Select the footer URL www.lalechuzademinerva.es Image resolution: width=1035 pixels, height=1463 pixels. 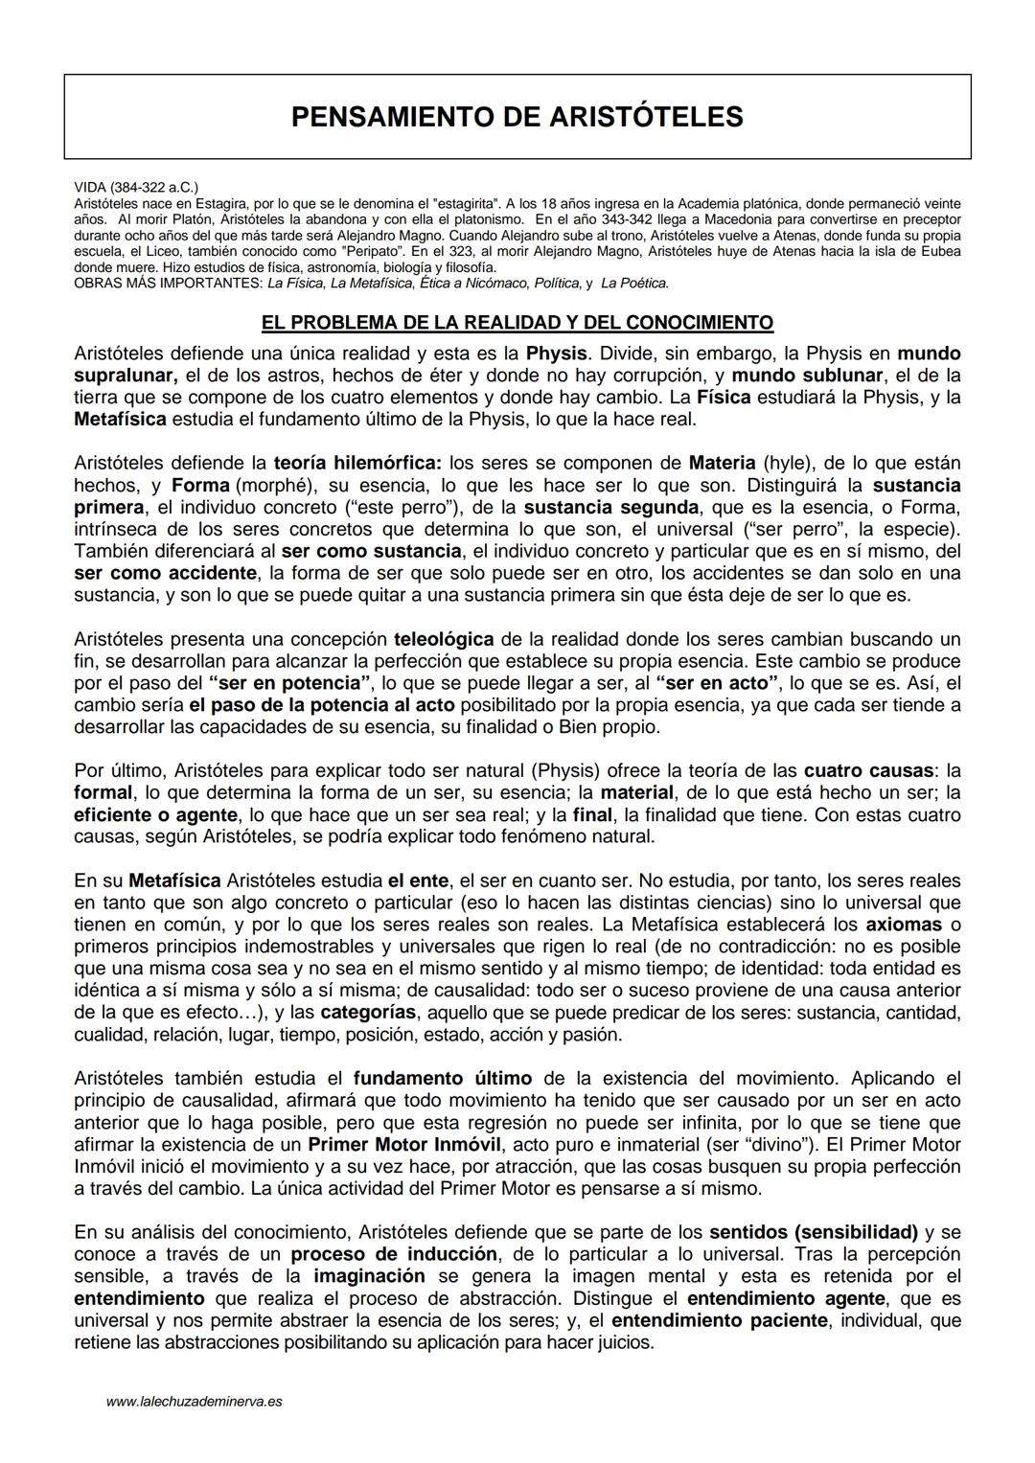(x=194, y=1402)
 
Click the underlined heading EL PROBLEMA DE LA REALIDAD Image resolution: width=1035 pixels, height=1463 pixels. (x=517, y=322)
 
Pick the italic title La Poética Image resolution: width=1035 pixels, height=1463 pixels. (x=634, y=284)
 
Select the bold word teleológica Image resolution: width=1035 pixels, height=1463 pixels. (x=444, y=639)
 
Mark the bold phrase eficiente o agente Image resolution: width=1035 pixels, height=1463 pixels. (x=155, y=814)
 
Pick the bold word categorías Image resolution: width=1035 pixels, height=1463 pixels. (x=368, y=1013)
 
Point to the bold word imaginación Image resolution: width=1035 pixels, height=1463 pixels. (x=369, y=1276)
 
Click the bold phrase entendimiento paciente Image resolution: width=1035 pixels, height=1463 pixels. (x=718, y=1320)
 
